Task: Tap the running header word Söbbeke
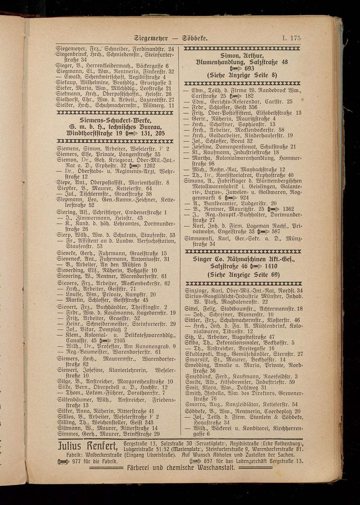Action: coord(195,38)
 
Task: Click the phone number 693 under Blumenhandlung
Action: coord(249,68)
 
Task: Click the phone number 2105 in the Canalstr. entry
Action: coord(120,340)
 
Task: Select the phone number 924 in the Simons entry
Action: coord(244,197)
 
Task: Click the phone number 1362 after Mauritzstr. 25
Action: coord(288,209)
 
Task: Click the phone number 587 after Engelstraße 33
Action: coord(276,232)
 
